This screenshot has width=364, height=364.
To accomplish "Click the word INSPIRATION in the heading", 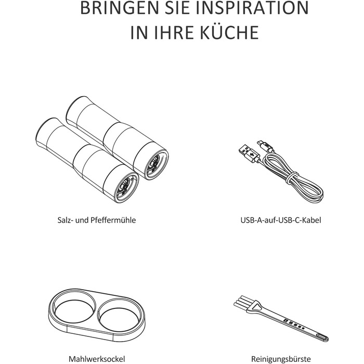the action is [252, 8].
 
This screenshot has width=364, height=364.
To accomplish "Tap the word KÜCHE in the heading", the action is [229, 32].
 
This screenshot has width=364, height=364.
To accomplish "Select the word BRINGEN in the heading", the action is [119, 8].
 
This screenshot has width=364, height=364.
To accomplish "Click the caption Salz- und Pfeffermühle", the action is [97, 220].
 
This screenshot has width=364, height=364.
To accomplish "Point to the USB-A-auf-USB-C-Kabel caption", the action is [281, 220].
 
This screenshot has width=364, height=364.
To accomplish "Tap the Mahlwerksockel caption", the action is [97, 359].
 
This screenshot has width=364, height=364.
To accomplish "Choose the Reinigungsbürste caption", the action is [281, 359].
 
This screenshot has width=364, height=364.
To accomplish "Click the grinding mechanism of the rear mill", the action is [154, 163].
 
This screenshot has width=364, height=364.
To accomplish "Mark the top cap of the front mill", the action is [45, 129].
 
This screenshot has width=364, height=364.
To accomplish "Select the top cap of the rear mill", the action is [75, 107].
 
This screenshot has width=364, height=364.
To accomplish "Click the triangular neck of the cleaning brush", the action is [256, 306].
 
